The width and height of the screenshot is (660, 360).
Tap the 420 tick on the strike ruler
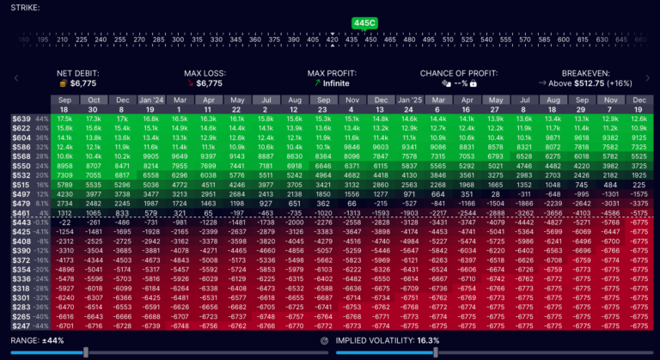[333, 39]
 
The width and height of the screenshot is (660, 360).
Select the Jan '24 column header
[152, 100]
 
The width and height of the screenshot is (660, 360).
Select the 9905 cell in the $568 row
[152, 156]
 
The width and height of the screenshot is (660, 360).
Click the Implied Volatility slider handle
[436, 351]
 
